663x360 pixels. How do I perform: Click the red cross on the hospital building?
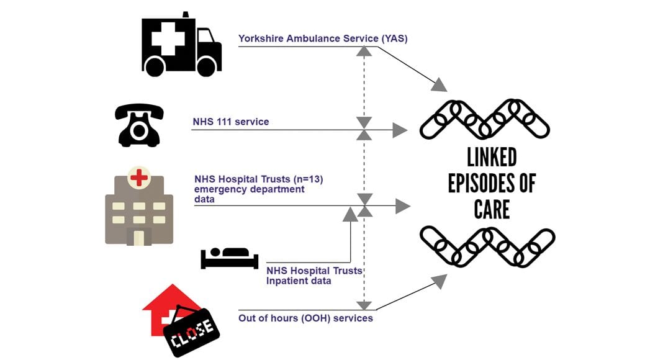(x=139, y=178)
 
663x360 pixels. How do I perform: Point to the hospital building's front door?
(x=139, y=236)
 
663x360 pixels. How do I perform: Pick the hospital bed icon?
(x=229, y=258)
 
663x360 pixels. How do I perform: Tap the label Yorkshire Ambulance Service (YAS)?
(x=323, y=38)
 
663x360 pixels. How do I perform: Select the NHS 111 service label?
(x=230, y=122)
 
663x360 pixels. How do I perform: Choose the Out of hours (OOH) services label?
(x=305, y=318)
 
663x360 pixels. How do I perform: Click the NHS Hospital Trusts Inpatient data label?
(x=314, y=276)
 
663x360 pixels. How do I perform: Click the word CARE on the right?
(x=492, y=209)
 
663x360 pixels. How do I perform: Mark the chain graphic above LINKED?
(x=484, y=119)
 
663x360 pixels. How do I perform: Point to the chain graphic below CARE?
(x=487, y=246)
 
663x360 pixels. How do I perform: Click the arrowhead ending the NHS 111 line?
(x=400, y=130)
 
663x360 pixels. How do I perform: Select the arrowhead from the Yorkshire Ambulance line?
(x=439, y=84)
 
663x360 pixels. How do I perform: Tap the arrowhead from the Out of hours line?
(x=439, y=282)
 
